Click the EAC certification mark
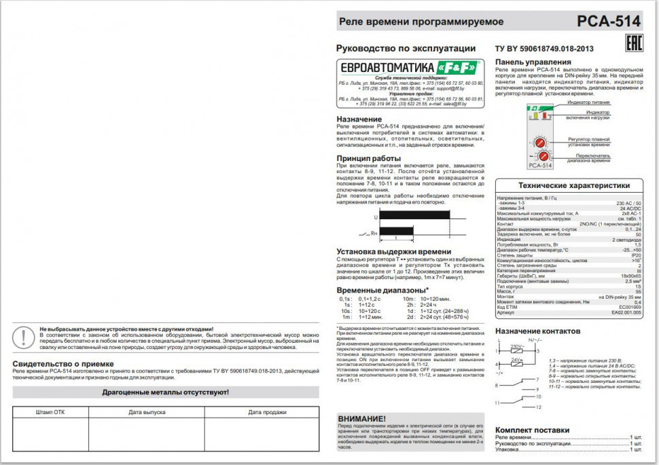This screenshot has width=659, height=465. pos(632,42)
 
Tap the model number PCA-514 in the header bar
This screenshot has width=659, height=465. pos(608,21)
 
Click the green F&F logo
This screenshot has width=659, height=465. pos(459,67)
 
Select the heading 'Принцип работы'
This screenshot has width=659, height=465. pos(369,158)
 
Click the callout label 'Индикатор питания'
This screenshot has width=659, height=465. pos(588,103)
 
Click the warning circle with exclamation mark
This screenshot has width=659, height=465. pos(24,337)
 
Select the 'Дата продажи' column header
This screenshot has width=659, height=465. pos(262,412)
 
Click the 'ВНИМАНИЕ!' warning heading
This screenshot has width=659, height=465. pos(362,418)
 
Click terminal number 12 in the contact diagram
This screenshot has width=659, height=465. pos(538,407)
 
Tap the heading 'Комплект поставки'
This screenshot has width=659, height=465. pos(532,430)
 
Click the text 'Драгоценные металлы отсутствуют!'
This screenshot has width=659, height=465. pos(165,392)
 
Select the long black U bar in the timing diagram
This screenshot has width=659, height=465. pos(414,215)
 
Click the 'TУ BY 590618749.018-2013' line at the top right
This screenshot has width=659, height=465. pos(544,49)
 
